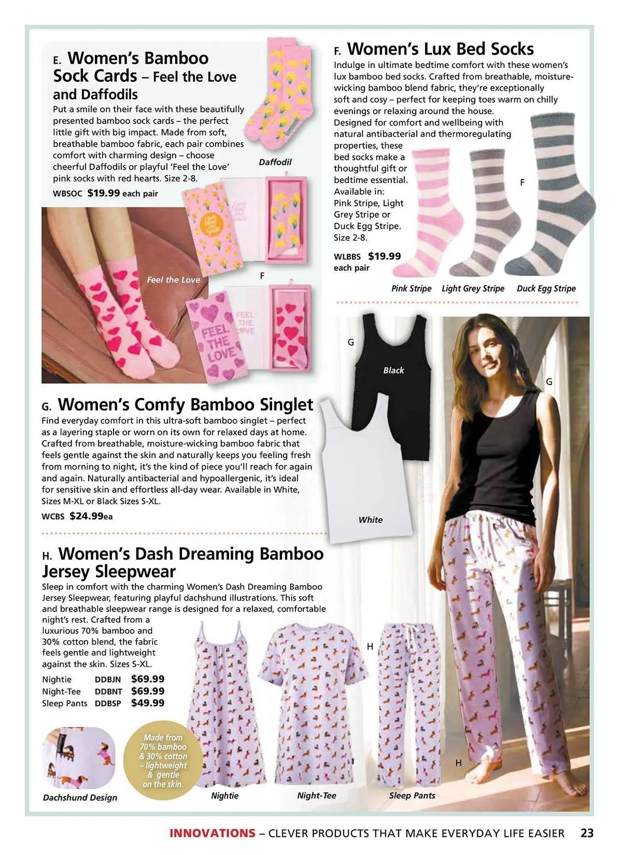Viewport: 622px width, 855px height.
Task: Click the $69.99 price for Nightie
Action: coord(147,679)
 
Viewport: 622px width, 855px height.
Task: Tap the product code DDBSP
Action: coord(108,703)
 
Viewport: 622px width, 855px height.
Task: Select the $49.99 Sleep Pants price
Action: coord(147,703)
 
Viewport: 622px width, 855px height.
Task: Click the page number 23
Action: coord(587,833)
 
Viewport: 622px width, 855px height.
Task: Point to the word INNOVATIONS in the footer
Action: coord(212,833)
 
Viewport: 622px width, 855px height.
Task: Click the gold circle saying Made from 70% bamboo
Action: coord(163,761)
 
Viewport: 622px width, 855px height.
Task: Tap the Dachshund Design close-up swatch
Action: coord(79,758)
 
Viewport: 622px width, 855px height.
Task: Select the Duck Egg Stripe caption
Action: coord(546,289)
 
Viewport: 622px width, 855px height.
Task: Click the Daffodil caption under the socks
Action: coord(275,162)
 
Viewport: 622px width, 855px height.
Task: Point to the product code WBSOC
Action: coord(68,194)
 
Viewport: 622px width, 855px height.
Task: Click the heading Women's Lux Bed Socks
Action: coord(440,49)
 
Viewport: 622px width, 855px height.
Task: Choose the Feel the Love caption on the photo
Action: coord(173,280)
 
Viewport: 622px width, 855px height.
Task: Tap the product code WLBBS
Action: coord(347,257)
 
